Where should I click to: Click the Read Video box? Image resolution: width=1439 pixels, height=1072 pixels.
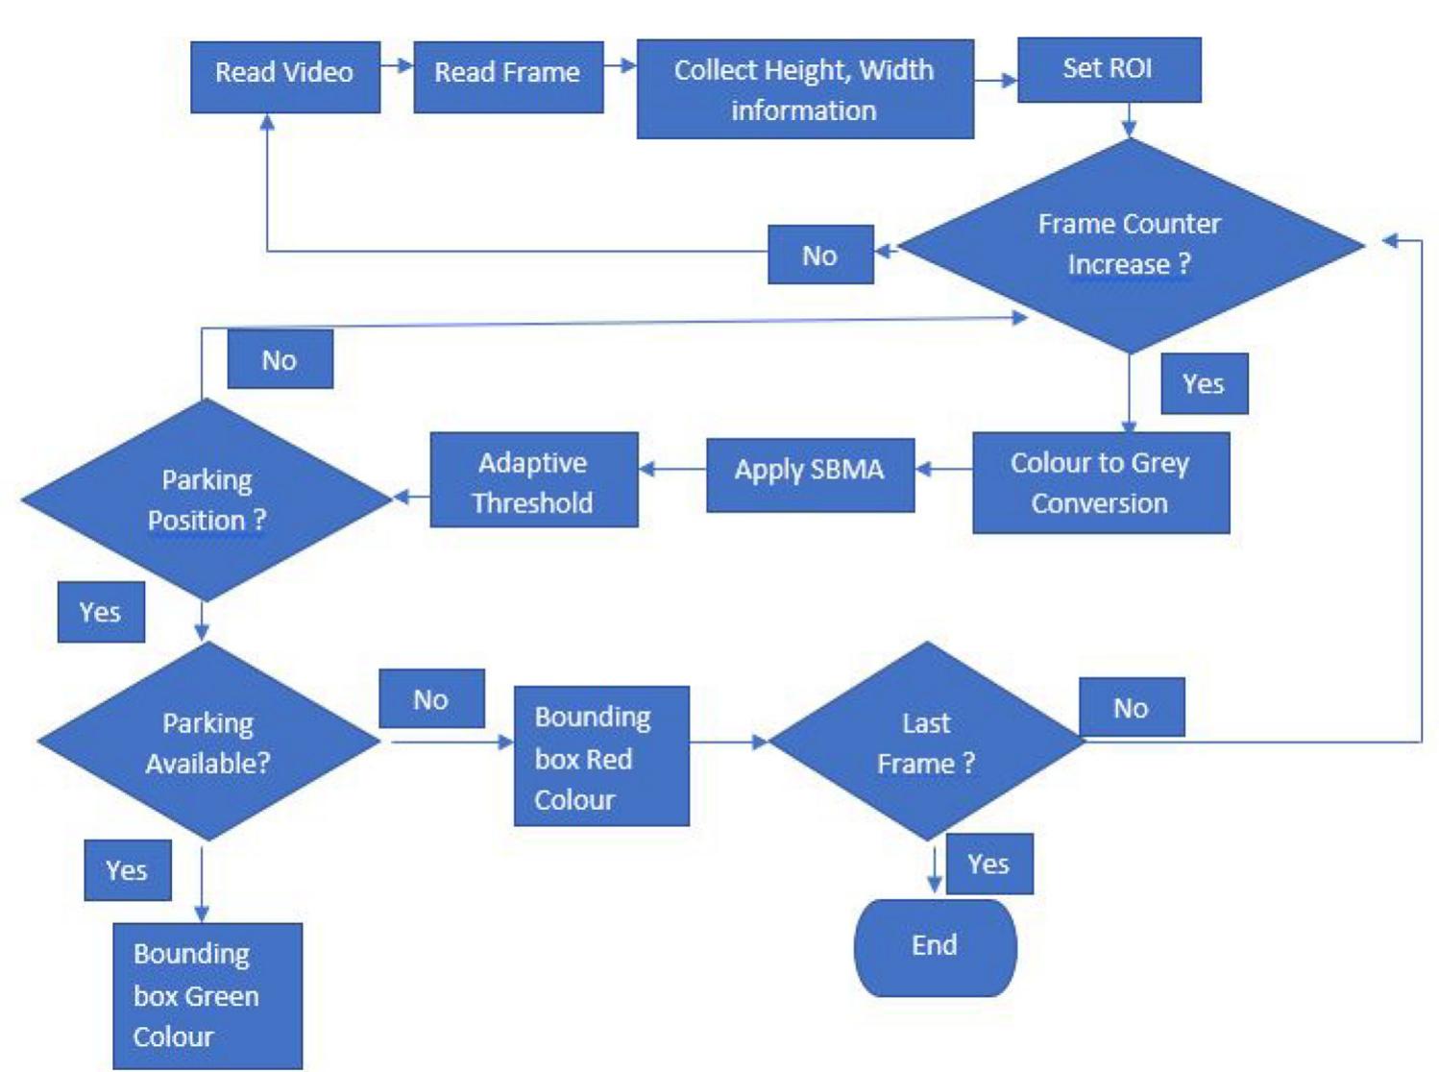pos(284,76)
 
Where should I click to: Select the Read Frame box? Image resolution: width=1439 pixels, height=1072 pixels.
pos(508,76)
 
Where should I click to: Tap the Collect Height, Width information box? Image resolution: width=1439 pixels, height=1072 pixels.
pos(804,88)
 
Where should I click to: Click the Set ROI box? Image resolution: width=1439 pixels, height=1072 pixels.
pos(1109,69)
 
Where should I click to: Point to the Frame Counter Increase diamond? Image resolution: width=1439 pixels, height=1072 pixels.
pos(1130,245)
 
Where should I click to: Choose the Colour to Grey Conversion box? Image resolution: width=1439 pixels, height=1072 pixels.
pos(1101,482)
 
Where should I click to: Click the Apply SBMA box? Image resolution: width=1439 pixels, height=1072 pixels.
pos(810,475)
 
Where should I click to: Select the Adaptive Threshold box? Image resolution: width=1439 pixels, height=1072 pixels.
pos(533,479)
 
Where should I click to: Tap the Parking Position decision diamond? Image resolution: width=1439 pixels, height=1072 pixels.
pos(207,499)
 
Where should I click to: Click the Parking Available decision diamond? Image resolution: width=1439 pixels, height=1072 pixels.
pos(208,742)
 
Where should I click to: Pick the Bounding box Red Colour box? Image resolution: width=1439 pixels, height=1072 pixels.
pos(601,756)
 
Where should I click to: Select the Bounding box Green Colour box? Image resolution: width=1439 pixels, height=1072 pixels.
pos(207,995)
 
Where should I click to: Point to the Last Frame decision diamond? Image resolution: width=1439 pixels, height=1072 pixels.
pos(927,742)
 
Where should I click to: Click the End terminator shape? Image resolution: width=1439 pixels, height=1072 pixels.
pos(935,947)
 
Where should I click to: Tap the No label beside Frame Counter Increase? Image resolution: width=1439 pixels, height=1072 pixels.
pos(820,255)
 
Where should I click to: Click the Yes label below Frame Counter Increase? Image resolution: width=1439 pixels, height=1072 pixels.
pos(1204,384)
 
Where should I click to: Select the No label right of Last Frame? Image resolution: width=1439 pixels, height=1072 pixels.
pos(1132,707)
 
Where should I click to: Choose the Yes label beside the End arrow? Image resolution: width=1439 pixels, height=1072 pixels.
pos(989,864)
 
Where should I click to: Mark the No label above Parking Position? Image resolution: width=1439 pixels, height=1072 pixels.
pos(280,359)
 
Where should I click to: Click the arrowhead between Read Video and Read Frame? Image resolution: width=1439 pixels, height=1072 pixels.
pos(404,65)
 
